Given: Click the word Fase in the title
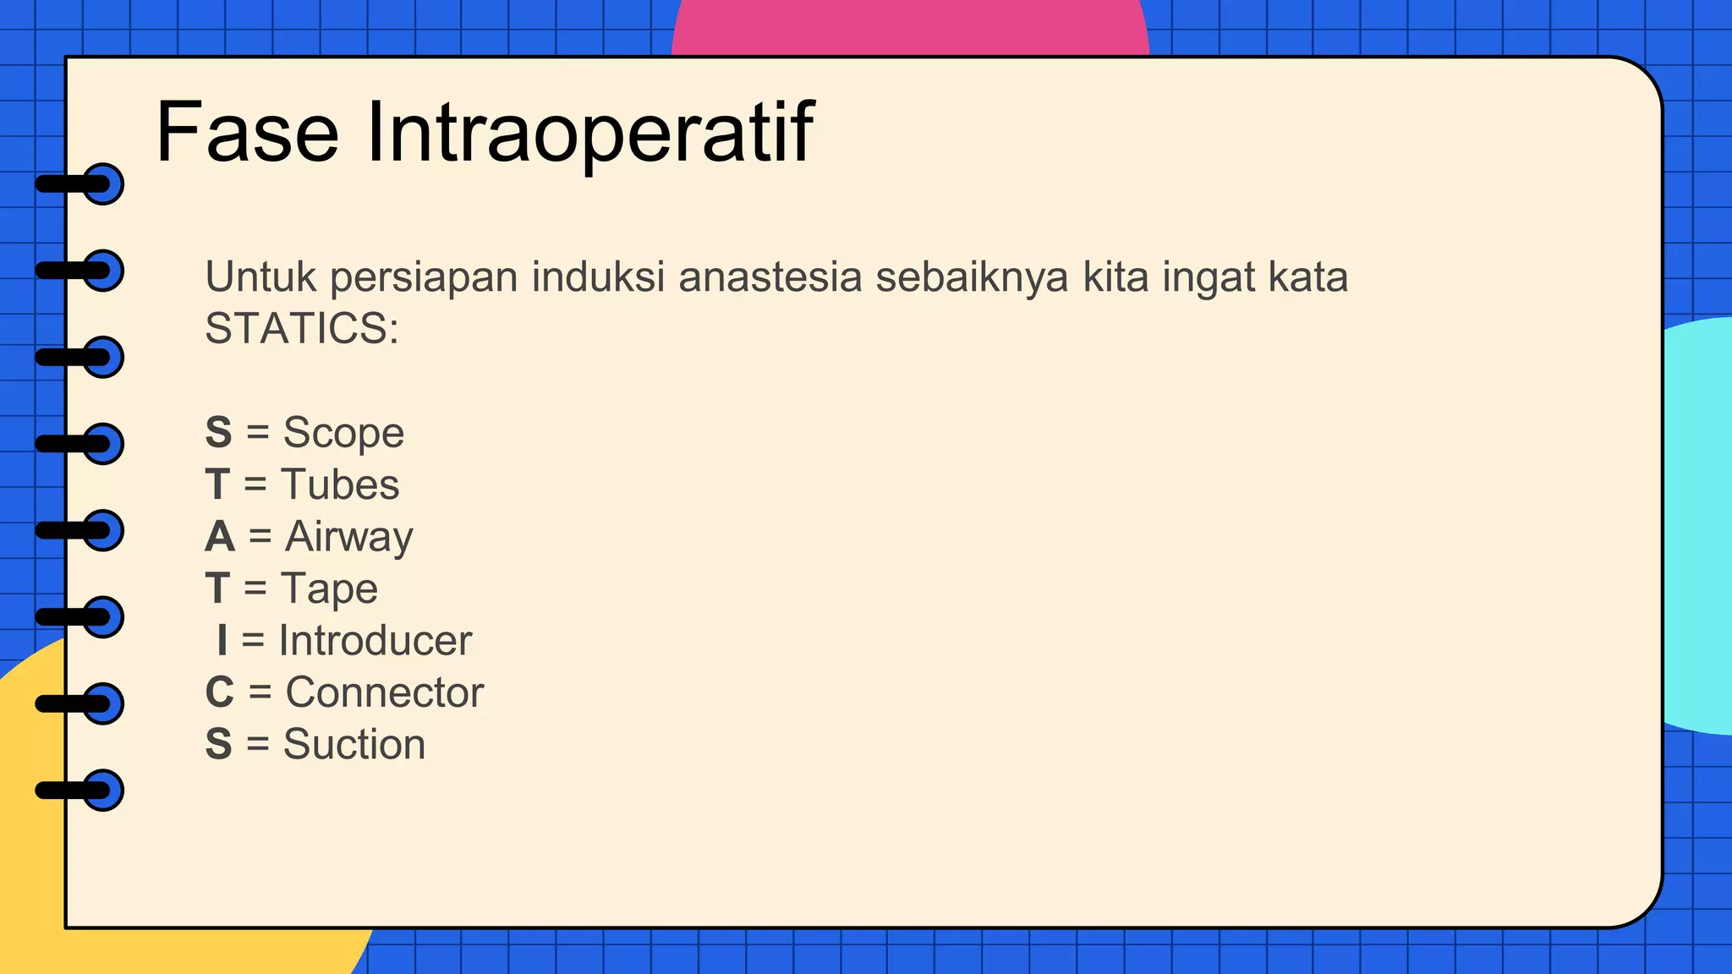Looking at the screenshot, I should pos(247,133).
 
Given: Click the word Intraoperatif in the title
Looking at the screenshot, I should pos(589,133).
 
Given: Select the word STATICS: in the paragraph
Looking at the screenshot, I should pos(302,328).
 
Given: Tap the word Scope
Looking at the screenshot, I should pos(343,433).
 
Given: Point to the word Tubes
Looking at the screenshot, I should pos(340,484).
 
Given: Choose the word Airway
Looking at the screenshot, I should pos(349,537).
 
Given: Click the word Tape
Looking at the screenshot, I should pos(329,588).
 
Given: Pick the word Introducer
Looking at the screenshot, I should pos(375,640).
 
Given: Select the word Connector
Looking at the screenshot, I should pos(385,692).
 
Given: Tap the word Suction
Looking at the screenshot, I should pos(354,744).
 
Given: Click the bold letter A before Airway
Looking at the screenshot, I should pos(220,537).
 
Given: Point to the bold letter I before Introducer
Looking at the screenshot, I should pos(222,640).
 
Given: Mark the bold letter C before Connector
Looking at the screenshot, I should pos(220,692).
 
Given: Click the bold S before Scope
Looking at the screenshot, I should pos(218,433).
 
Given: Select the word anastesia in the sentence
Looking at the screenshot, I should pos(770,277).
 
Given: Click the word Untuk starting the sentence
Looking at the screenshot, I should pos(260,277).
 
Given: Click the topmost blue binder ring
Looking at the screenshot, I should pos(103,184).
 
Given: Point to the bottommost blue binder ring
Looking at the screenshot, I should pos(103,791).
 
